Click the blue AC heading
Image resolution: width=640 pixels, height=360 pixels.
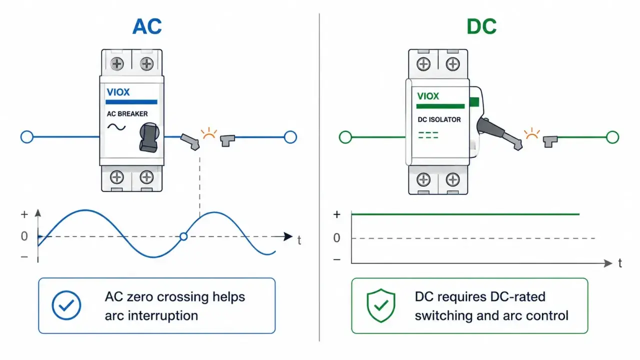coord(147,26)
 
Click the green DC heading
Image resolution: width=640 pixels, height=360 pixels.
coord(481,26)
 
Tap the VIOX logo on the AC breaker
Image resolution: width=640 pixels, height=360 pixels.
coord(118,92)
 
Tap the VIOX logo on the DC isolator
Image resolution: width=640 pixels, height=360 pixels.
coord(428,96)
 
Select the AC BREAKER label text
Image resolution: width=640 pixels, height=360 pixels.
coord(127,113)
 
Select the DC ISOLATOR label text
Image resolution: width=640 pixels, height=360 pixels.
coord(439,119)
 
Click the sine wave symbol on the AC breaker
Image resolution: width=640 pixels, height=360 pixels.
coord(116,127)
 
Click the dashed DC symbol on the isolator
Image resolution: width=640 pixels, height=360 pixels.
coord(428,135)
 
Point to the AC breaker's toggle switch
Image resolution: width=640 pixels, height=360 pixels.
coord(149,137)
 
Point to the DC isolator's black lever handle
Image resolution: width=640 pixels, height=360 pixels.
coord(499,133)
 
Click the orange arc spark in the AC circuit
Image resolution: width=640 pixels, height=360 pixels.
coord(209,133)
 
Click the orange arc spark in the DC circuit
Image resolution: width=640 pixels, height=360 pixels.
coord(531,133)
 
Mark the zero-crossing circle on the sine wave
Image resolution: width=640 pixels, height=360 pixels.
coord(183,236)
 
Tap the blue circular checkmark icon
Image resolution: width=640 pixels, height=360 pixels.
coord(66,305)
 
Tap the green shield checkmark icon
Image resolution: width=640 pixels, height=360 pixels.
coord(381,305)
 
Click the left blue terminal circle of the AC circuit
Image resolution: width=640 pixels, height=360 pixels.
coord(27,137)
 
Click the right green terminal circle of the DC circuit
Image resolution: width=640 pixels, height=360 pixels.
coord(612,137)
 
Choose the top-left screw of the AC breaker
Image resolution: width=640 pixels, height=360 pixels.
coord(117,63)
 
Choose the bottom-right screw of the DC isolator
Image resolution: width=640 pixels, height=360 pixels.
coord(452,179)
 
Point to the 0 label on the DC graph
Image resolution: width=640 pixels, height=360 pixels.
coord(337,237)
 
